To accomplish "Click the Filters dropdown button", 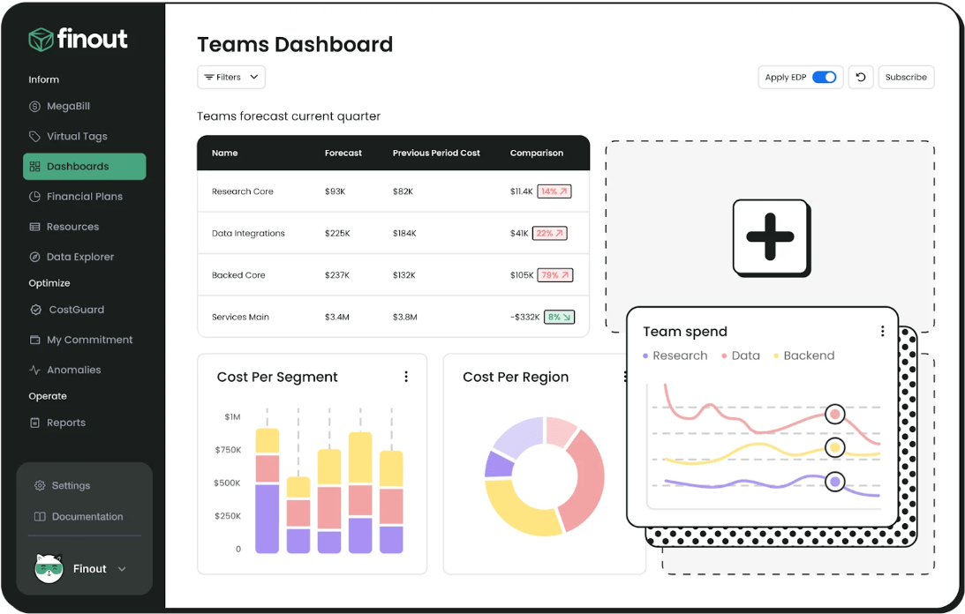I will (230, 78).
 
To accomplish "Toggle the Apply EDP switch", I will (824, 78).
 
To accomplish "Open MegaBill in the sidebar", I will (68, 107).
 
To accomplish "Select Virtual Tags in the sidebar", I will (76, 137).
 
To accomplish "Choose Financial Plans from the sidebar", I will (84, 197).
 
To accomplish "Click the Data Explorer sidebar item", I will (79, 257).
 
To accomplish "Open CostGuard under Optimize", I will (76, 310).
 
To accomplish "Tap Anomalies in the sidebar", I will (73, 370).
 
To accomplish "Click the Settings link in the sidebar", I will (71, 485).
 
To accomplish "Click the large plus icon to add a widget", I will (770, 236).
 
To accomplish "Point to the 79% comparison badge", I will (555, 275).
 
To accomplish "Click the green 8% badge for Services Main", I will (559, 317).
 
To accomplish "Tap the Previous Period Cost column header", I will (436, 153).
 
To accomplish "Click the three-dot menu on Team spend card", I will (882, 332).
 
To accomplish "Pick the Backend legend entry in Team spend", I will (803, 356).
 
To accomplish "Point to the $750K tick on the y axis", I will (227, 450).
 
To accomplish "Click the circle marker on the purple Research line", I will (834, 482).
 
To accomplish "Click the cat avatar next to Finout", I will (49, 569).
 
